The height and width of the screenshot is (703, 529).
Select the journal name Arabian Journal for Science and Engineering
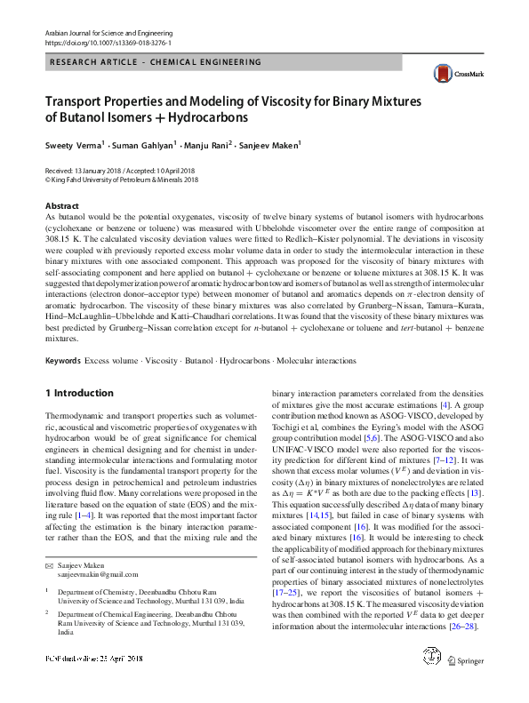pos(109,32)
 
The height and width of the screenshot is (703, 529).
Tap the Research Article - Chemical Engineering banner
pos(156,62)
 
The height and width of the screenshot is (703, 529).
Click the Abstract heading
pos(61,205)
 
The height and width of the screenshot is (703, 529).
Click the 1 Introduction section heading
pos(79,393)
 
